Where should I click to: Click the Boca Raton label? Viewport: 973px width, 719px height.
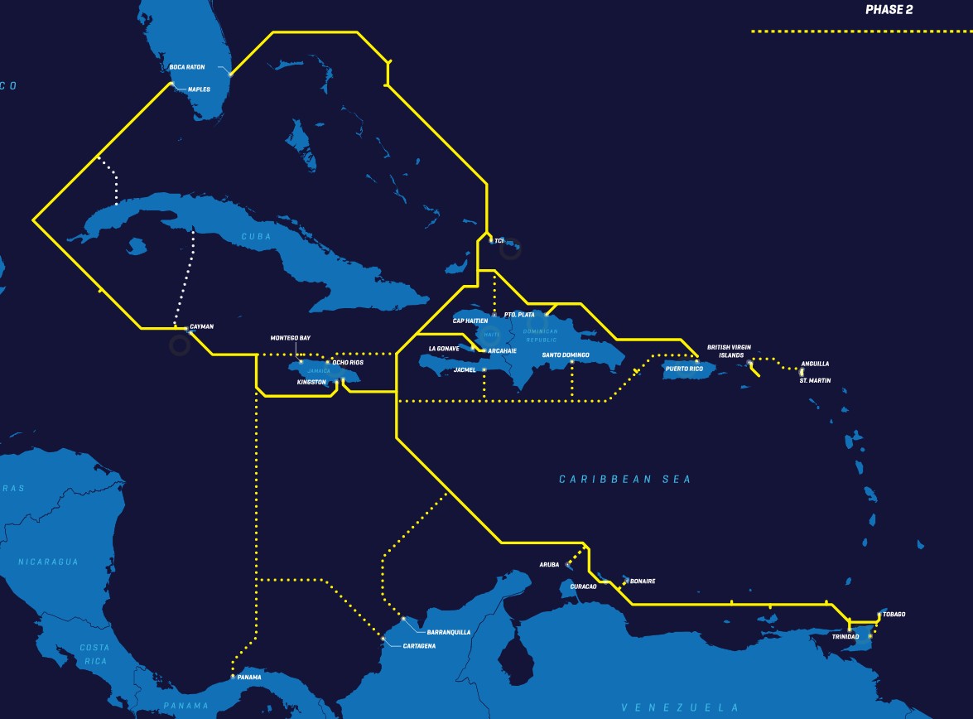point(186,67)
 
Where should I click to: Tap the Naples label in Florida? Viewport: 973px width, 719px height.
point(200,89)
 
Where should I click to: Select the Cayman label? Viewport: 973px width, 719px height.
point(201,326)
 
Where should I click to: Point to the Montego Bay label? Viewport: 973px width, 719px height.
point(290,338)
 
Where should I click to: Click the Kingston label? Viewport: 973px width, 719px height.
point(311,383)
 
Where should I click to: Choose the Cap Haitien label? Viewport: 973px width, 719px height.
point(470,321)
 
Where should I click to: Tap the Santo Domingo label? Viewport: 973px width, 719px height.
point(566,355)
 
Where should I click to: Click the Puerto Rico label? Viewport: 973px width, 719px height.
point(684,369)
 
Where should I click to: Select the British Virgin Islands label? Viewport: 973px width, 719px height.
point(729,351)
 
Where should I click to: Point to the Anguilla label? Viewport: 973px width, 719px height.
point(815,364)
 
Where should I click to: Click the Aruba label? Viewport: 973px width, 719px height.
point(549,565)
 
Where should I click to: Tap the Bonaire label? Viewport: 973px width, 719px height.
point(643,581)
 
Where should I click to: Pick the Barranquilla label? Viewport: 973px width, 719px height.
point(449,632)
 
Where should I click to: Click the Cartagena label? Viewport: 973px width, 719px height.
point(419,646)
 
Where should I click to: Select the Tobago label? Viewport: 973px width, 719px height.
point(894,615)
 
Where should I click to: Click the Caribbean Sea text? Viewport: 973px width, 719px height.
point(624,480)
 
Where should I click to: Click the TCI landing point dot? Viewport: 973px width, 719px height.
point(491,240)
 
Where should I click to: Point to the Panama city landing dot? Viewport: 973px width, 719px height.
point(233,677)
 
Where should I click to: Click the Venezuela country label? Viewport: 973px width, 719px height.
point(680,707)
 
